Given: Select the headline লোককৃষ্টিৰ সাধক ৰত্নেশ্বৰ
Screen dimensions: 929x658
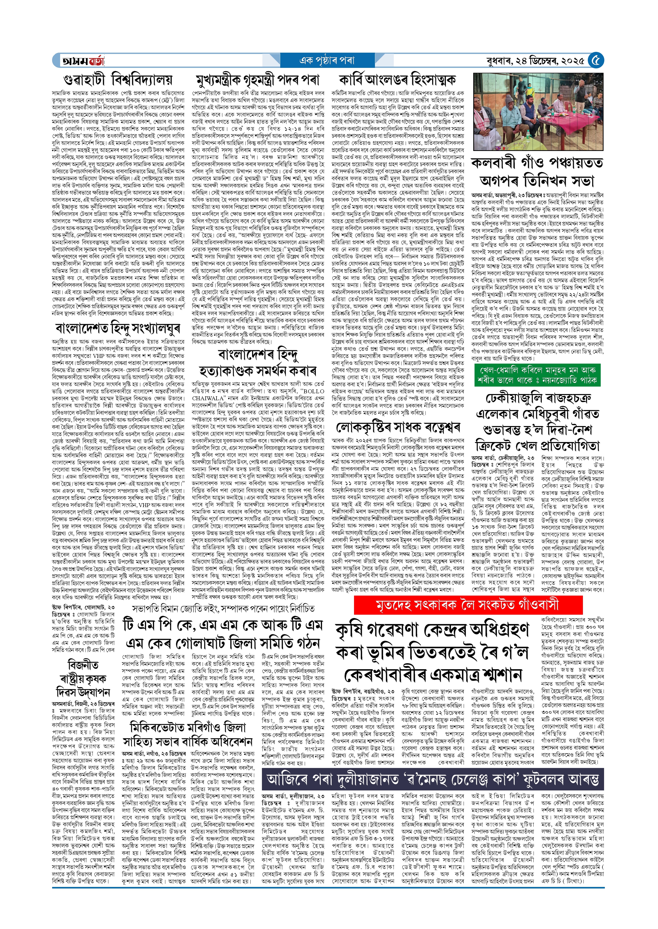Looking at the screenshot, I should pos(398,427).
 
